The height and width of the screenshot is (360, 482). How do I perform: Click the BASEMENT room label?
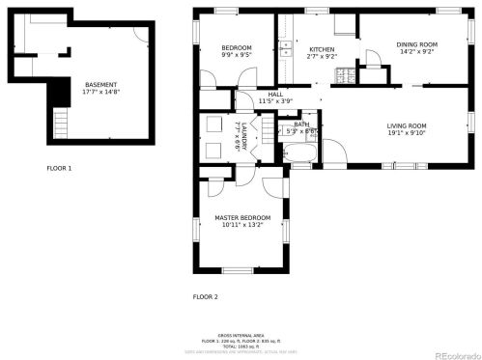coord(101,84)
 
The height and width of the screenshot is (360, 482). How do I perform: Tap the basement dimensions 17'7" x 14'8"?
coord(101,92)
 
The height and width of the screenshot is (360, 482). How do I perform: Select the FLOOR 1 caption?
coord(59,168)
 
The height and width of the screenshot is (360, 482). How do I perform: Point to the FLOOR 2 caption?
coord(205,296)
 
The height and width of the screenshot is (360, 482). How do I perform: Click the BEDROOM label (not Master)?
coord(236,48)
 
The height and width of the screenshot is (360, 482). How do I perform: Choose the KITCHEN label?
coord(322,49)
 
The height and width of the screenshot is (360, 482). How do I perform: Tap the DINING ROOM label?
coord(417,44)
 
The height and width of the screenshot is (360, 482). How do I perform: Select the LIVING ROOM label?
coord(407,126)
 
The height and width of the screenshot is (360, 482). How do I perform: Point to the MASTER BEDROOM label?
coord(241,217)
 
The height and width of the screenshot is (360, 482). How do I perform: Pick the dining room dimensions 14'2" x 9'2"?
coord(417,52)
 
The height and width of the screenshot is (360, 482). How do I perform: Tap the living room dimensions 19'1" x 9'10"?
coord(407,134)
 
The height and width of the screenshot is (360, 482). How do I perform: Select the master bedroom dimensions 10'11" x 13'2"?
coord(241,225)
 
